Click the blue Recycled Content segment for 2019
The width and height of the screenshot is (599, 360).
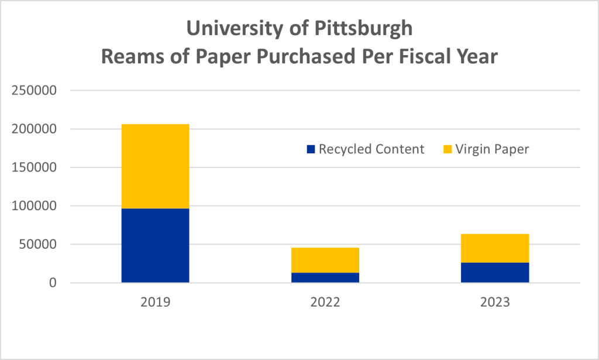(155, 245)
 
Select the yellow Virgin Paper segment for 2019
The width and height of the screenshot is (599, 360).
(155, 166)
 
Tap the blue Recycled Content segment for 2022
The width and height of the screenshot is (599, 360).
(325, 277)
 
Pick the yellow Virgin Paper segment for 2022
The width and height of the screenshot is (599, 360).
(325, 260)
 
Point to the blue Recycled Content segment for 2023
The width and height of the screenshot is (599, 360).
(495, 272)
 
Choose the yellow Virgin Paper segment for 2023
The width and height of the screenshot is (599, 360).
(495, 248)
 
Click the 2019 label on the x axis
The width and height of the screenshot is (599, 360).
(155, 303)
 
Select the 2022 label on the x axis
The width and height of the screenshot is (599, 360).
(325, 303)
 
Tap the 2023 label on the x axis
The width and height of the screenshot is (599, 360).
(495, 303)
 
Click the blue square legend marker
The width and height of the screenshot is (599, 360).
(311, 149)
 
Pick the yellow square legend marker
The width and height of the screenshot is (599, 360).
(447, 149)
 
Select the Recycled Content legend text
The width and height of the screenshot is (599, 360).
(371, 149)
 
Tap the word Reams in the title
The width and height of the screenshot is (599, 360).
(130, 57)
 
